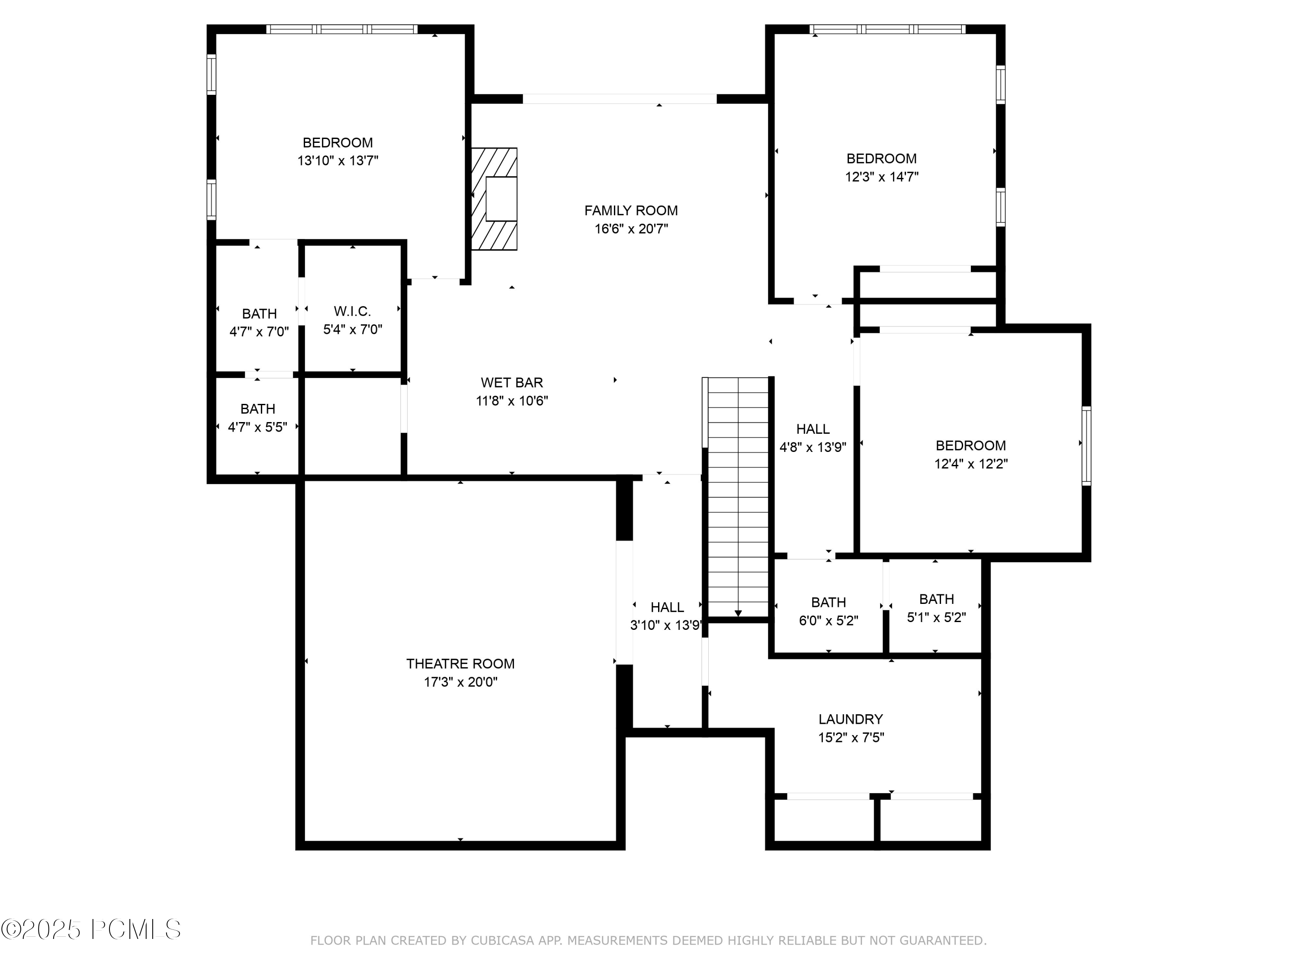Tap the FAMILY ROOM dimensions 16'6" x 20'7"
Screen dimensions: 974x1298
631,229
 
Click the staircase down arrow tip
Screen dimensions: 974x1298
738,614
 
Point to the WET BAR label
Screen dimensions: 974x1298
512,383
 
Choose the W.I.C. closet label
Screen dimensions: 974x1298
352,311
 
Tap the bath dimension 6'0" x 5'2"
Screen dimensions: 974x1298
828,621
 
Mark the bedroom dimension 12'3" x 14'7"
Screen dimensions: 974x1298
881,177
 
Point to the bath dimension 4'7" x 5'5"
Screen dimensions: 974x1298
257,427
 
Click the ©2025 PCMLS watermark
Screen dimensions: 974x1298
91,929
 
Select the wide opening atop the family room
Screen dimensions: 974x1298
619,99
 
